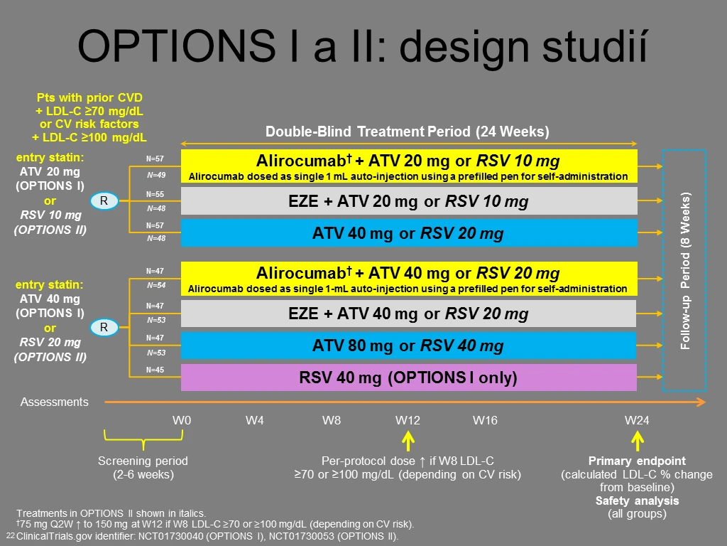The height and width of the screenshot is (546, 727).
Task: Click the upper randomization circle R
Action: click(x=104, y=200)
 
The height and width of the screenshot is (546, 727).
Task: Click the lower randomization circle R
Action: click(x=104, y=327)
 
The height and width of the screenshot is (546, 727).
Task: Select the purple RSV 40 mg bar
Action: click(x=408, y=378)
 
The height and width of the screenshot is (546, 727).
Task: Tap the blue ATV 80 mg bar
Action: click(x=408, y=346)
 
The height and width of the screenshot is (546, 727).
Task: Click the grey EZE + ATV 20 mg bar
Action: click(x=409, y=201)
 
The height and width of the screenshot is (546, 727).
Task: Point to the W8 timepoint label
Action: click(x=332, y=420)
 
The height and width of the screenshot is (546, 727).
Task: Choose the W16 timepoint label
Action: click(x=485, y=420)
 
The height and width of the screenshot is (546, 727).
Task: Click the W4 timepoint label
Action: click(x=255, y=420)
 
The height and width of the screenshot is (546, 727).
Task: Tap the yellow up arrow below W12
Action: click(x=408, y=441)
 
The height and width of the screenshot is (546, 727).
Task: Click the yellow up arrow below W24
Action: click(x=638, y=441)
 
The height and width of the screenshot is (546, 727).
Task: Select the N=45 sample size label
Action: click(x=155, y=370)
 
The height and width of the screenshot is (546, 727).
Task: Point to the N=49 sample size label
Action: click(x=156, y=175)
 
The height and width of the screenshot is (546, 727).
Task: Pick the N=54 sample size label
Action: click(x=156, y=285)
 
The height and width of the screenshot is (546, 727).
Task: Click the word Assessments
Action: click(x=54, y=402)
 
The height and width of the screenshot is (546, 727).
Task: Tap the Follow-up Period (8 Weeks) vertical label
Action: click(x=685, y=271)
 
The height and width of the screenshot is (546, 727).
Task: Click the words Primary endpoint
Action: click(x=637, y=461)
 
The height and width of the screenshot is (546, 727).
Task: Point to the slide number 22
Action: click(x=10, y=536)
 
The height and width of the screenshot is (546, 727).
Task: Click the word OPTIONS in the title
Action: click(x=177, y=46)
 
